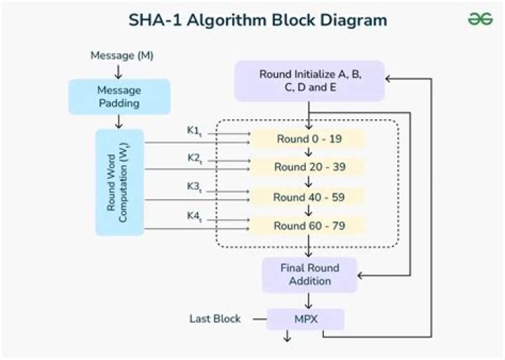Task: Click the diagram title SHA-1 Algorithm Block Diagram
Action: point(257,19)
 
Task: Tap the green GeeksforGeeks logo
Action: point(480,19)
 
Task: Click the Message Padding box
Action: point(119,97)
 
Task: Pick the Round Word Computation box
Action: point(119,182)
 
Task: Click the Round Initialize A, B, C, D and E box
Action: point(309,81)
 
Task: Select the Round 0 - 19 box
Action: point(309,139)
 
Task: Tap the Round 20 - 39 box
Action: point(309,167)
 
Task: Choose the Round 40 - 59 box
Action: point(309,196)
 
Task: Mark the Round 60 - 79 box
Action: point(309,225)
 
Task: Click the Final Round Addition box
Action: point(309,274)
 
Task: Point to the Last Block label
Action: point(215,319)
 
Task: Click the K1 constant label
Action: point(194,131)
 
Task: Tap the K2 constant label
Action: point(194,159)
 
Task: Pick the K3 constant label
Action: point(194,187)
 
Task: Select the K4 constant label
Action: point(194,216)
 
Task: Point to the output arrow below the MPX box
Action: point(287,338)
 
